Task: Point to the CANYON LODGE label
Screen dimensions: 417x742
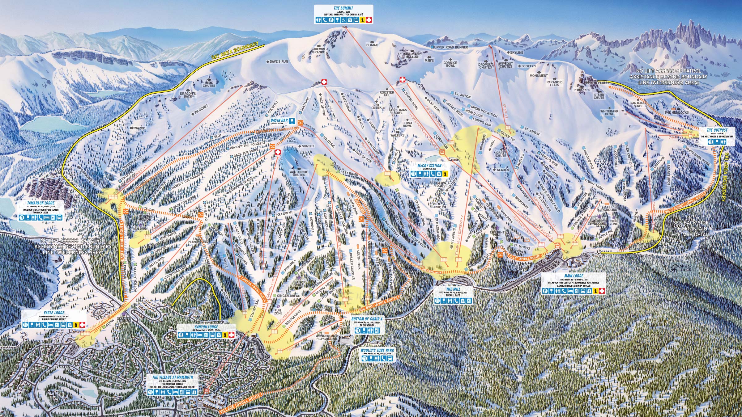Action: click(207, 327)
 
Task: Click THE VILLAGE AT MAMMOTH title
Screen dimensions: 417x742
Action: click(173, 377)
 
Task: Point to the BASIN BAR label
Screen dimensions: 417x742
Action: click(278, 120)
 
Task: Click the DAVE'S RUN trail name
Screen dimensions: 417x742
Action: click(279, 62)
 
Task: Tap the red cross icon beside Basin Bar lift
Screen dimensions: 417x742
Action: click(277, 152)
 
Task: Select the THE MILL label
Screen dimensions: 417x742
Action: click(453, 289)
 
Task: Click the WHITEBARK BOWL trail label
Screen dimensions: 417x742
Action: click(609, 112)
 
